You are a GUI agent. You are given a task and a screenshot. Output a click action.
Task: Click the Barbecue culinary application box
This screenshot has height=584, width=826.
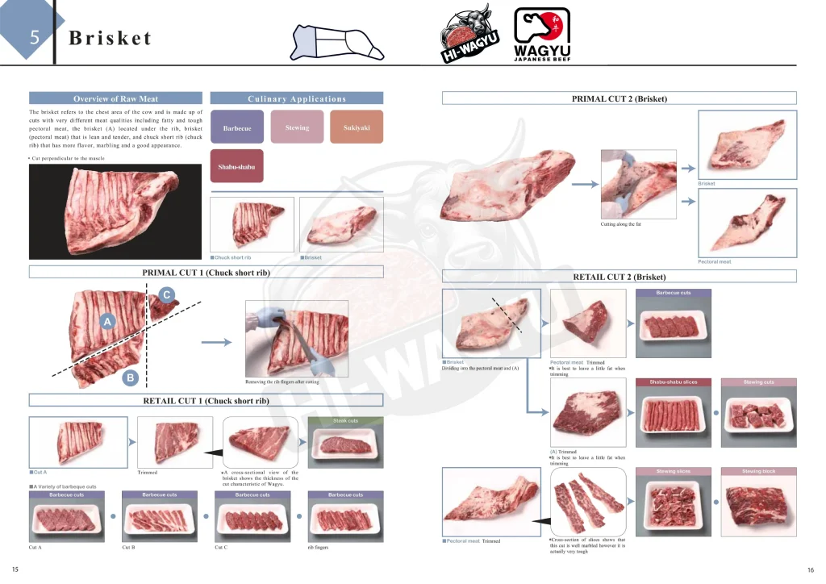(236, 128)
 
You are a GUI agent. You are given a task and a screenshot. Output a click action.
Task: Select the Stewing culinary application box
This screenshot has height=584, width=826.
(297, 127)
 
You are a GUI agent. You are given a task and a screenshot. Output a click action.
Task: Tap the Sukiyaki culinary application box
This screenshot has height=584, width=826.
(357, 127)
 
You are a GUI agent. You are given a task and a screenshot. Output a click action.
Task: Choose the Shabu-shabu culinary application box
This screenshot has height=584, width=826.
(236, 166)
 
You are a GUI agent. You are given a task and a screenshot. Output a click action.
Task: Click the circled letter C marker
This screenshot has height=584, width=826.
(166, 295)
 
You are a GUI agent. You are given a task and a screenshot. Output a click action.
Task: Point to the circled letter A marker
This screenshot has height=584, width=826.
(106, 322)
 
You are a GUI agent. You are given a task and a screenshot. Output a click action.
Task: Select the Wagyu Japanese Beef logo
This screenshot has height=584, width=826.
(542, 35)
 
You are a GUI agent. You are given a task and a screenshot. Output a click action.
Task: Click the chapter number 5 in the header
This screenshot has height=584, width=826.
(34, 37)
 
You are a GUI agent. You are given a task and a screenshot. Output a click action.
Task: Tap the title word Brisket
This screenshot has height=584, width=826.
(111, 38)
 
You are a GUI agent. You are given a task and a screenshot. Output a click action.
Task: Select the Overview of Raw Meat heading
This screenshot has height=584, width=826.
(115, 98)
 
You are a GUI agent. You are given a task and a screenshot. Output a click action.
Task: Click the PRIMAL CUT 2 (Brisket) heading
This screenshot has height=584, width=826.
(619, 98)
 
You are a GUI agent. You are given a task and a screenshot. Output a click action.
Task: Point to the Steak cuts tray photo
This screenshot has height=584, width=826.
(345, 443)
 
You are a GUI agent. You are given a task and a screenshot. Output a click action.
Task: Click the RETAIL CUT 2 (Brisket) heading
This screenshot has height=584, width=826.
(619, 277)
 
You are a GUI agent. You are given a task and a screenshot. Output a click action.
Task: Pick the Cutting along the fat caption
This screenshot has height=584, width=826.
(621, 223)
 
